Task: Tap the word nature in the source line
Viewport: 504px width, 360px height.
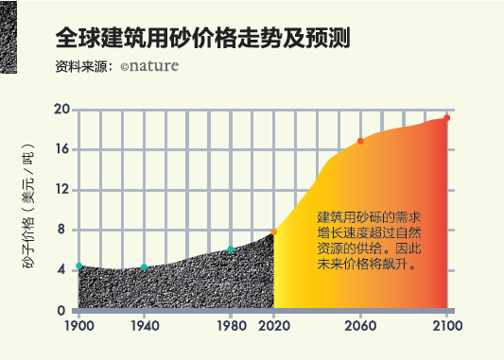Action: point(151,67)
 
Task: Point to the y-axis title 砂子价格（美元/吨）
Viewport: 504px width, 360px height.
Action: point(28,210)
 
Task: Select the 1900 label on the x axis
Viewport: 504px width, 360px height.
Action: point(79,327)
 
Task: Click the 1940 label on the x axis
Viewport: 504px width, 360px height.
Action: point(144,327)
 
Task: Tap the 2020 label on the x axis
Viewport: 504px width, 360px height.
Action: point(274,327)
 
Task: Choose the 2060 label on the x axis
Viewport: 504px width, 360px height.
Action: point(360,327)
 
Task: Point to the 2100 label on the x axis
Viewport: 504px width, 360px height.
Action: point(446,327)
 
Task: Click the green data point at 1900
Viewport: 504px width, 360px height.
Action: point(79,266)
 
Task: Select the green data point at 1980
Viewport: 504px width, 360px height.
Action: point(230,249)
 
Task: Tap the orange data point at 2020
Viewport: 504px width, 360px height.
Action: point(274,231)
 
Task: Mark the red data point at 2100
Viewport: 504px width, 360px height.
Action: point(446,118)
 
